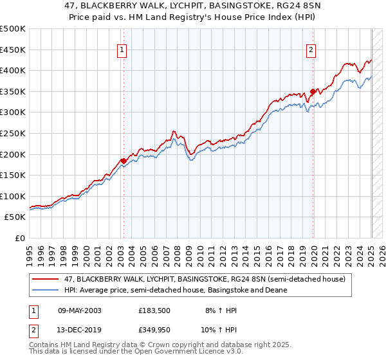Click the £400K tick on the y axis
click(14, 71)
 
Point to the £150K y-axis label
click(14, 175)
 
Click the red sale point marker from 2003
click(124, 161)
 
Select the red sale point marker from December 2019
click(313, 91)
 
